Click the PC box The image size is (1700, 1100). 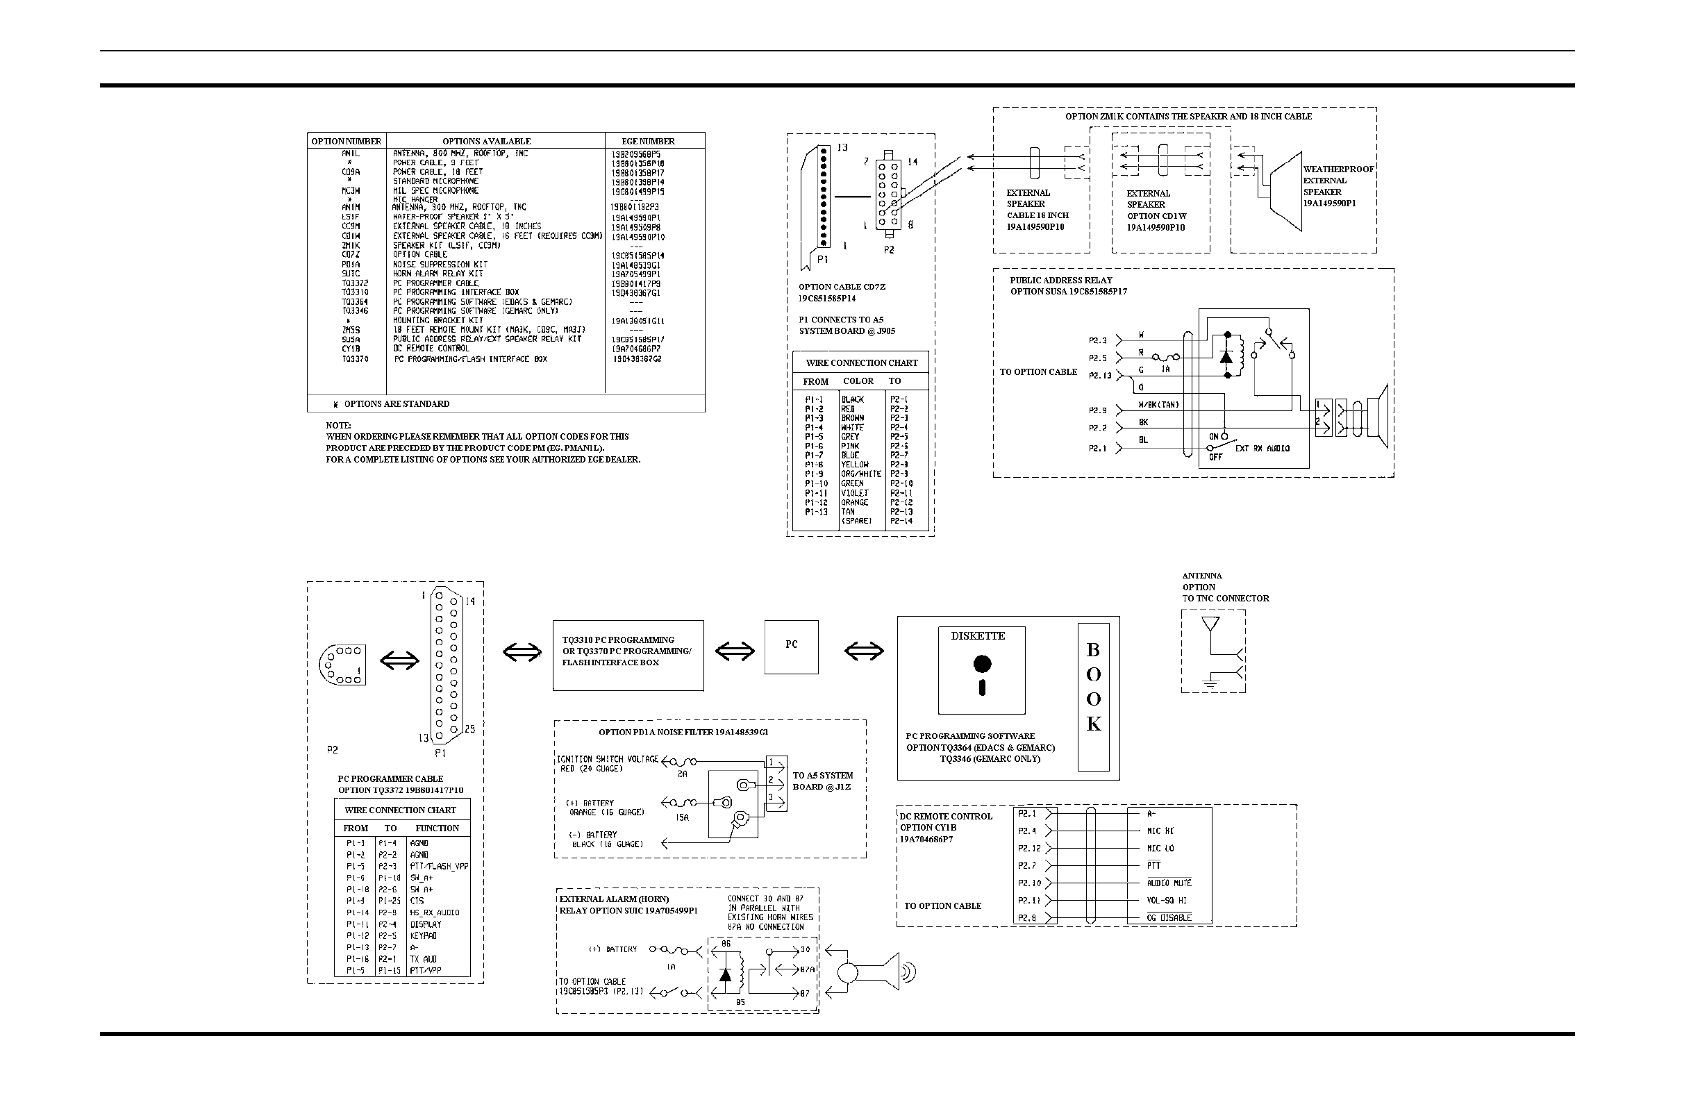tap(791, 647)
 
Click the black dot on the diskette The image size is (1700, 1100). tap(982, 665)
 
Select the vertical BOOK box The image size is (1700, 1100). tap(1093, 696)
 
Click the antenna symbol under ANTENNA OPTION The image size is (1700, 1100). tap(1210, 625)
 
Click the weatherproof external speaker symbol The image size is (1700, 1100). tap(1285, 191)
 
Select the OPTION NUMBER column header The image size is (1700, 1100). tap(347, 142)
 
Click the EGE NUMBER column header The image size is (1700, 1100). tap(648, 142)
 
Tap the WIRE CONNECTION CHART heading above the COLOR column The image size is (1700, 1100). tap(861, 363)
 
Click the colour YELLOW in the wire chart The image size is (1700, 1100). tap(854, 465)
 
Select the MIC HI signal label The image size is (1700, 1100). tap(1160, 831)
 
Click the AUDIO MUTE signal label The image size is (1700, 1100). tap(1169, 883)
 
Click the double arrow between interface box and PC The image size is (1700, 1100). tap(734, 651)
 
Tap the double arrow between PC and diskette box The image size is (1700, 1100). tap(864, 651)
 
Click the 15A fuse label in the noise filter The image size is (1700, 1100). tap(682, 817)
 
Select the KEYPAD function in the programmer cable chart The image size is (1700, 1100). tap(423, 935)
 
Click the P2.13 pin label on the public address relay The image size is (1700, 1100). tap(1100, 375)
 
